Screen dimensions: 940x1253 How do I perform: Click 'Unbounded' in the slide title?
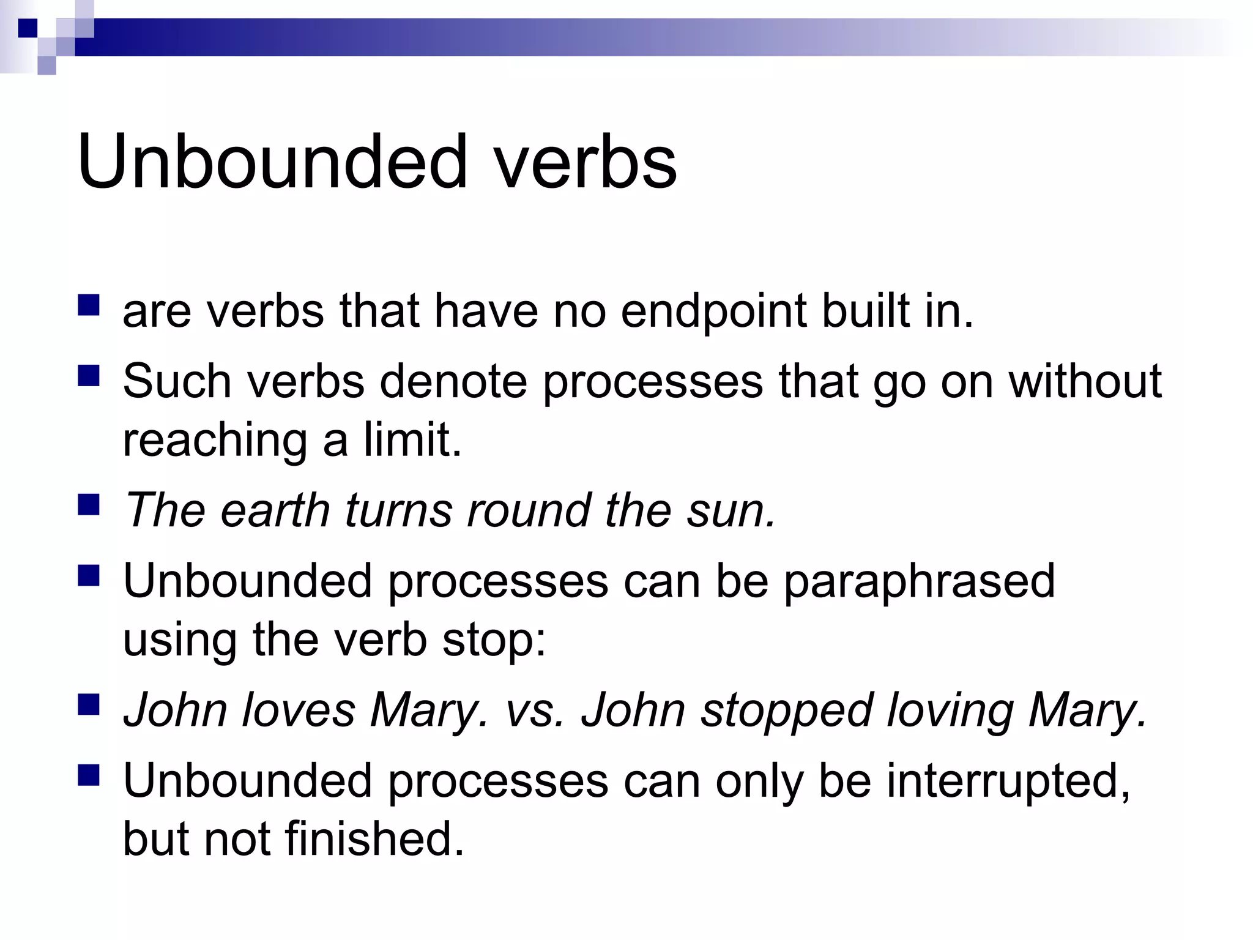(x=272, y=162)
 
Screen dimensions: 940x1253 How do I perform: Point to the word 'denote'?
(x=453, y=381)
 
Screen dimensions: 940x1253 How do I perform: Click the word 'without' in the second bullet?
(x=1085, y=381)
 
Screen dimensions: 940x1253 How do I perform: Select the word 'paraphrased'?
(x=920, y=581)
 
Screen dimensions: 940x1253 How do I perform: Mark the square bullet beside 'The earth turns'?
(x=89, y=505)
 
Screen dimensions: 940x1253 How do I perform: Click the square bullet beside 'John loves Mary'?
(x=89, y=705)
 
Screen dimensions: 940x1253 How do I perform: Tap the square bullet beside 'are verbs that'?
(x=89, y=305)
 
